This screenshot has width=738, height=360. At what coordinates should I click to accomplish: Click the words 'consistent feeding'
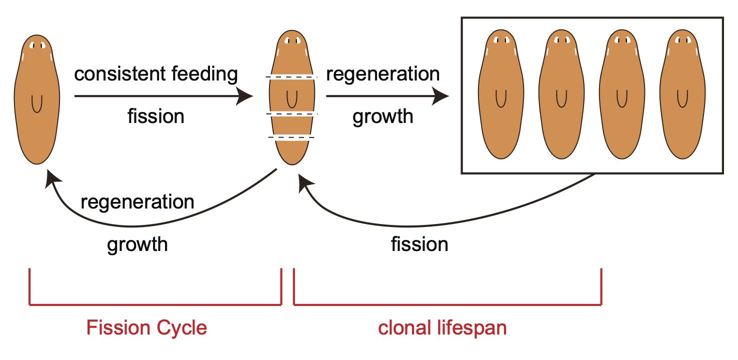[x=156, y=74]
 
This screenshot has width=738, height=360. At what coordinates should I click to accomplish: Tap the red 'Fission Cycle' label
[x=146, y=328]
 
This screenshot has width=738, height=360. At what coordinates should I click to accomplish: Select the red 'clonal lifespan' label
[x=442, y=328]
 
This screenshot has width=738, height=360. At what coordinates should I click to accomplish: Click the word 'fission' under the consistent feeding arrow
[x=156, y=116]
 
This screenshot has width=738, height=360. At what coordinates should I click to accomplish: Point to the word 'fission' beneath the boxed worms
[x=419, y=244]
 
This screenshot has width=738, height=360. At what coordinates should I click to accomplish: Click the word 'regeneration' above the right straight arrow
[x=383, y=74]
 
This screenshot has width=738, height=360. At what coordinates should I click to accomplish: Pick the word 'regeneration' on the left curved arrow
[x=137, y=202]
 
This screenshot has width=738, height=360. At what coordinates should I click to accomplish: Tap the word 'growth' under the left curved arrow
[x=137, y=244]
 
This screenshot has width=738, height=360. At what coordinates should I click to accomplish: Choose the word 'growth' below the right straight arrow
[x=383, y=116]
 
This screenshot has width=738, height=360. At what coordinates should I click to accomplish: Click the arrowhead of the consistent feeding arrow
[x=245, y=96]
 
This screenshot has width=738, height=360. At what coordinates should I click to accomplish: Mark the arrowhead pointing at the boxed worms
[x=441, y=96]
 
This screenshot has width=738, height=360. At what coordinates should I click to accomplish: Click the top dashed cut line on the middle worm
[x=291, y=77]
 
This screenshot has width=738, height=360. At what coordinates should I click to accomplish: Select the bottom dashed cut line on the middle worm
[x=291, y=137]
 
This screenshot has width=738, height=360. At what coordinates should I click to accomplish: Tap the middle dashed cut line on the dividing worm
[x=291, y=114]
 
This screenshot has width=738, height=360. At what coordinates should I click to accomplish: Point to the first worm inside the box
[x=501, y=95]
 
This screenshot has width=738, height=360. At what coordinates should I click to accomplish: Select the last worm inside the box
[x=682, y=95]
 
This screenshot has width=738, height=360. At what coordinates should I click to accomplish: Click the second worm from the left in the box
[x=561, y=95]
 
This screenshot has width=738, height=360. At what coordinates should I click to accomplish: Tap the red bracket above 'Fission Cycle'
[x=155, y=303]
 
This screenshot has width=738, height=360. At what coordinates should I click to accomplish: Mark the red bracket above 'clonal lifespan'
[x=447, y=303]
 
